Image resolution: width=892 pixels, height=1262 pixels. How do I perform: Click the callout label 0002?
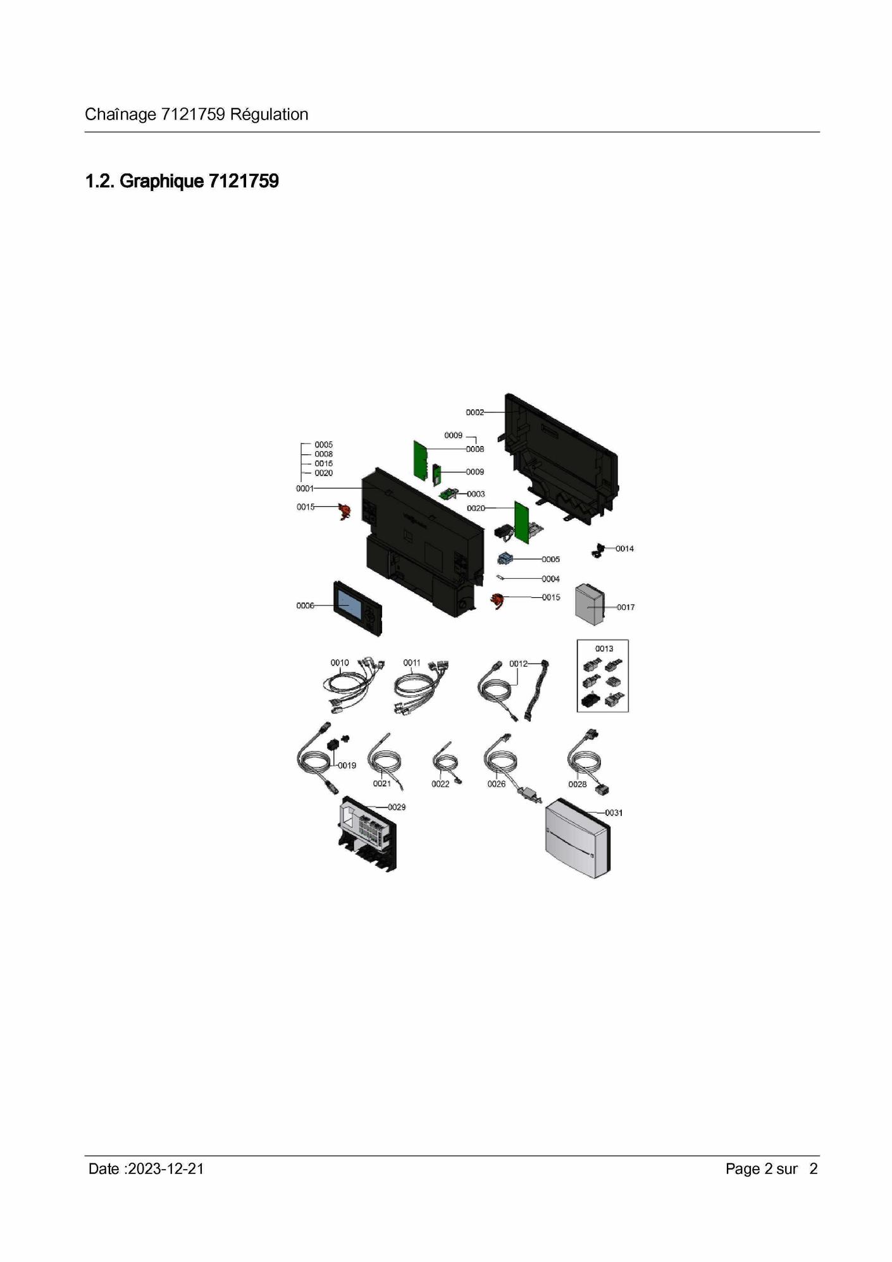[x=474, y=412]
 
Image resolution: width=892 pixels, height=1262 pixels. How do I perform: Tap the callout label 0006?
[x=305, y=605]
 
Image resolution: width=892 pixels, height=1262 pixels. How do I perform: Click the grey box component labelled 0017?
[x=589, y=605]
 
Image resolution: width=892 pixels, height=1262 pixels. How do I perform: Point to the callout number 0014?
[x=624, y=548]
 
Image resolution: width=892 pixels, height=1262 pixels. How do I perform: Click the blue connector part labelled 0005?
[x=505, y=559]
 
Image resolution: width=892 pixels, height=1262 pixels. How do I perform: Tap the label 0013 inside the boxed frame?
[x=604, y=648]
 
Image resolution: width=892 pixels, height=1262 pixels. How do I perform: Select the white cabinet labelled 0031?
[x=578, y=839]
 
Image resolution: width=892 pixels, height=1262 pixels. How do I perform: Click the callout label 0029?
[x=397, y=807]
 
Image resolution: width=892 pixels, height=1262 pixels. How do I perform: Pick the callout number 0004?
[x=550, y=579]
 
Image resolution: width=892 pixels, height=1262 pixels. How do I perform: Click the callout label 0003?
[x=476, y=494]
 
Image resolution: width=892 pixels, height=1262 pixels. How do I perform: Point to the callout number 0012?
[x=518, y=664]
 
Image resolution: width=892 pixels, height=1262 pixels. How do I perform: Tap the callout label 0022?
[x=440, y=784]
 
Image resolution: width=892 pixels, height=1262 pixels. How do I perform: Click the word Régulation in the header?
[x=269, y=114]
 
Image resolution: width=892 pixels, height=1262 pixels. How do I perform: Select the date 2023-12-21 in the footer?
[x=166, y=1169]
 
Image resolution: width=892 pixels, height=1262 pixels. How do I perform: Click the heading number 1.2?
[x=100, y=182]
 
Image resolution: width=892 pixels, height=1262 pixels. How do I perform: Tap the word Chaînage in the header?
[x=120, y=114]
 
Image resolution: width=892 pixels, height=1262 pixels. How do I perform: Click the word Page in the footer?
[x=743, y=1170]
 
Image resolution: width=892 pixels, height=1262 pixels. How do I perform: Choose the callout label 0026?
[x=497, y=784]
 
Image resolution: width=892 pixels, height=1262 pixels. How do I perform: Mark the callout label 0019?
[x=347, y=765]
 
